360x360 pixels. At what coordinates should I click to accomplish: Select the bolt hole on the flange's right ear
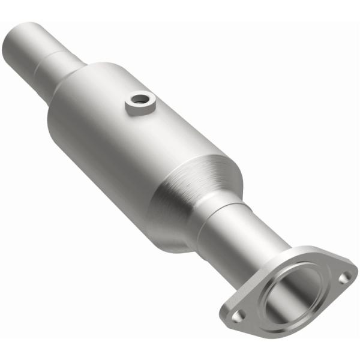click(x=343, y=278)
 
